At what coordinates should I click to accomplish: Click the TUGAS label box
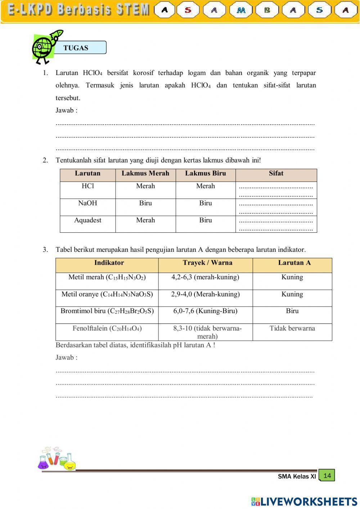(80, 48)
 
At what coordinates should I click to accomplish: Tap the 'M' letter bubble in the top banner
(241, 10)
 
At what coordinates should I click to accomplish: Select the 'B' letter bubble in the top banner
(267, 10)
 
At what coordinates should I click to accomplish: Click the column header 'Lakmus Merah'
(145, 174)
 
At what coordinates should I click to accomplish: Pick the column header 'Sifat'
(276, 174)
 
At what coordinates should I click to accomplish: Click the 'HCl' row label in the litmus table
(87, 186)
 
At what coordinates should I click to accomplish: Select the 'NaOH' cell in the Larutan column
(87, 203)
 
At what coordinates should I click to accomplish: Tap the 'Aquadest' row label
(87, 220)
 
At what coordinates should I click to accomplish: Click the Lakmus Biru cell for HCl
(206, 186)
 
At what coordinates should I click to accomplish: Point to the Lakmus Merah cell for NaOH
(145, 203)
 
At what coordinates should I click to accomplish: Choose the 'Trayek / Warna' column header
(207, 263)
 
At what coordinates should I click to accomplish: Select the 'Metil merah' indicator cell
(107, 277)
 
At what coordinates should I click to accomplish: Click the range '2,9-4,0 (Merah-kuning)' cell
(205, 294)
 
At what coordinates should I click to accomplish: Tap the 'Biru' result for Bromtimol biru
(292, 311)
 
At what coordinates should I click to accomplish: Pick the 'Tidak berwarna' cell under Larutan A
(292, 329)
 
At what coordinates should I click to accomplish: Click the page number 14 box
(327, 475)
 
